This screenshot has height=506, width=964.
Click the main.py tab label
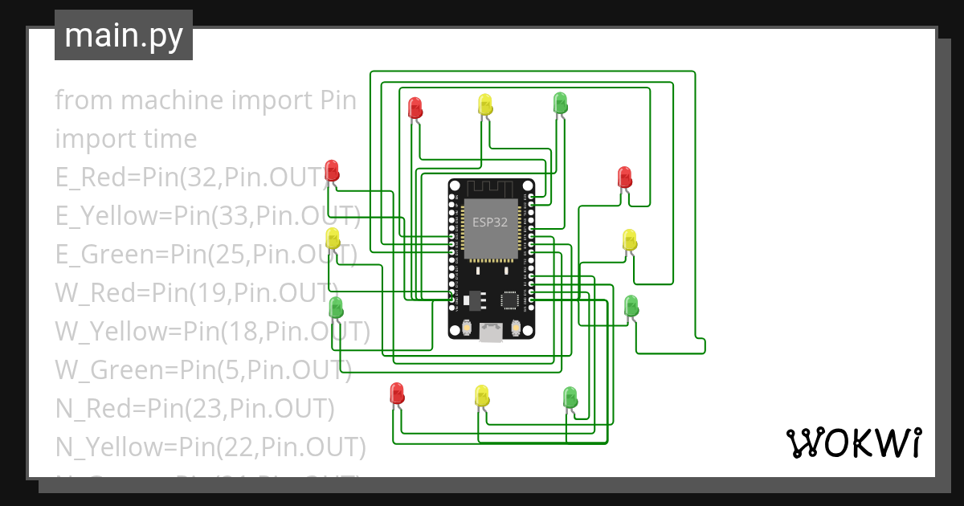123,35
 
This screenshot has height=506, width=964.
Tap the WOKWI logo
852,443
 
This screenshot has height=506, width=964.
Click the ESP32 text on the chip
489,222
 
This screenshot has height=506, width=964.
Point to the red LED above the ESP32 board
415,107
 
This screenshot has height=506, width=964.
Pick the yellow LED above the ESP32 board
484,104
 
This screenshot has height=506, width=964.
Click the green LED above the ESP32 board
560,102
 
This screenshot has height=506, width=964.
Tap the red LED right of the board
624,176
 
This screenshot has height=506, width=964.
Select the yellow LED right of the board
629,239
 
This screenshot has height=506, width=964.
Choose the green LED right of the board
631,305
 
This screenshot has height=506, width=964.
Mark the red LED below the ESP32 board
397,393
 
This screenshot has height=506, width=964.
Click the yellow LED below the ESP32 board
481,395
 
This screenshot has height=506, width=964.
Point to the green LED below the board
570,397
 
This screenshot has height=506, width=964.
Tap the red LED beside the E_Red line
332,170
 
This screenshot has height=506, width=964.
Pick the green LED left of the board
336,307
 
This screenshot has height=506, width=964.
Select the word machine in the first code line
172,100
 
